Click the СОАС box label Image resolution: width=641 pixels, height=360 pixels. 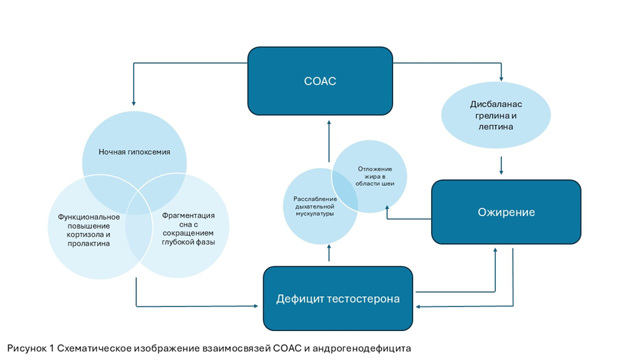[x=320, y=82]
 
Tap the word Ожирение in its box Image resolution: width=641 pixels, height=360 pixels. [x=505, y=212]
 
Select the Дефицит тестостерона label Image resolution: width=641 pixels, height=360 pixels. [x=338, y=299]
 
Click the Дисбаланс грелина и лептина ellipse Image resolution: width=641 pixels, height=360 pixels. [x=496, y=117]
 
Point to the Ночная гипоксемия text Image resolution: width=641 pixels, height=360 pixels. [x=134, y=152]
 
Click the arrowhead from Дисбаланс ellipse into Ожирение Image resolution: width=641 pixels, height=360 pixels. [x=502, y=172]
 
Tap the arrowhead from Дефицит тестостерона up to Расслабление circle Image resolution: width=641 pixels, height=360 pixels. [x=329, y=248]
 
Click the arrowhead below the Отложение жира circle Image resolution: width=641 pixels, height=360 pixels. [x=386, y=208]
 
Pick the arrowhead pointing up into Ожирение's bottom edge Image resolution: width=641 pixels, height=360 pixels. [x=495, y=248]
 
